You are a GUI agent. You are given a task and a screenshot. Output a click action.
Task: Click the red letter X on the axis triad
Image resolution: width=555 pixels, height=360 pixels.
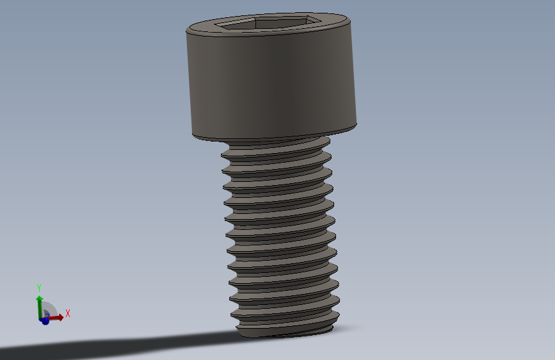pos(67,313)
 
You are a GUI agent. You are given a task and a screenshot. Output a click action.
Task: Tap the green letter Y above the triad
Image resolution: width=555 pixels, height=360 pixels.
pos(39,287)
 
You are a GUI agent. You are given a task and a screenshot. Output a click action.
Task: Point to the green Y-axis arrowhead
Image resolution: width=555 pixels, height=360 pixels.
pos(39,299)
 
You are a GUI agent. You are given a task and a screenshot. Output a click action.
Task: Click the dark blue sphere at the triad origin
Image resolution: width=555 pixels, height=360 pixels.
pos(45,321)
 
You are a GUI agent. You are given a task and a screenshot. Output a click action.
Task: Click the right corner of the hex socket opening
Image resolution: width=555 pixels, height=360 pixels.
pos(319,21)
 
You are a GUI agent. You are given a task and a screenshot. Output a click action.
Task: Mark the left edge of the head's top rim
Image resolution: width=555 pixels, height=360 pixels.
pos(188,31)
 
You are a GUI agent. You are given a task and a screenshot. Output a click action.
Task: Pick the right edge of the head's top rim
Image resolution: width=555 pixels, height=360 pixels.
pos(352,26)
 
